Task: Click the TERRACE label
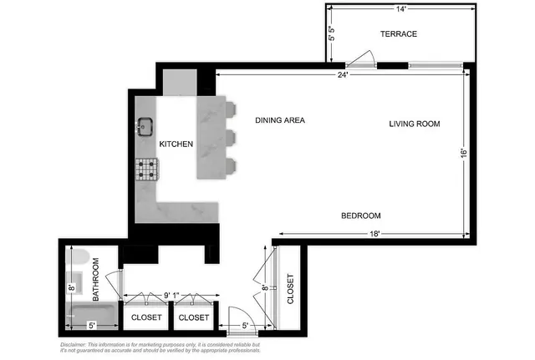398,34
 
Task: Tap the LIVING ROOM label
414,124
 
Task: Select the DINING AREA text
280,120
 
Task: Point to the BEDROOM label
361,215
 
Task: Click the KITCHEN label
176,144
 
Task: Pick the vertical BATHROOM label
96,279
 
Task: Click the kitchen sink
145,126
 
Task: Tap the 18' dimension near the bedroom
374,235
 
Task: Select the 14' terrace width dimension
400,9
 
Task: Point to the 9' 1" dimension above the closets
171,294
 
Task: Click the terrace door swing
362,58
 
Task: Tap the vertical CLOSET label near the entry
291,289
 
